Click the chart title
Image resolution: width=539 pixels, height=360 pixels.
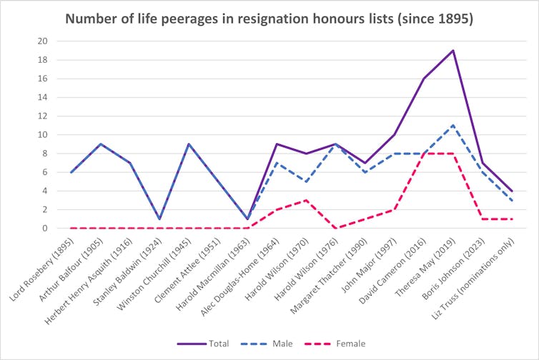click(x=269, y=19)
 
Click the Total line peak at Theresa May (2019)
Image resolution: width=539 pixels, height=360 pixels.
click(x=453, y=50)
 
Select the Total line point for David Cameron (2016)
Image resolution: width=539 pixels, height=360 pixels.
click(x=423, y=79)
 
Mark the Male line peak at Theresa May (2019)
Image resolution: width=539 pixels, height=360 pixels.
click(x=453, y=125)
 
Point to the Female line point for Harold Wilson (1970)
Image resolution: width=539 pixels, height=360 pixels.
click(x=306, y=200)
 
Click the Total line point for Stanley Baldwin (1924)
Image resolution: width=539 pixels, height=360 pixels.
click(x=159, y=219)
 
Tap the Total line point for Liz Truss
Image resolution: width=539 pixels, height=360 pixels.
click(x=511, y=191)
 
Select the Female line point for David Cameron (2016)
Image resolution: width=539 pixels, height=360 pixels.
click(x=423, y=154)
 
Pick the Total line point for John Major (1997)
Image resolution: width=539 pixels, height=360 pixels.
click(x=394, y=134)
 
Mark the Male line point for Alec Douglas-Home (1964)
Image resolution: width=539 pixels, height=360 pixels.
click(x=277, y=163)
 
